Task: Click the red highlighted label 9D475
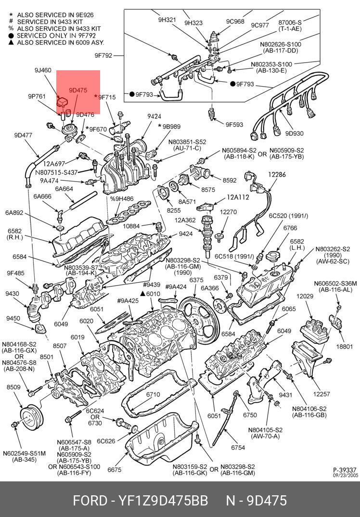tap(78, 90)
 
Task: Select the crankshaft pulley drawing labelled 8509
tap(31, 417)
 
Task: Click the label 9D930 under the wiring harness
tap(295, 133)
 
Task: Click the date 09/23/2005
tap(347, 475)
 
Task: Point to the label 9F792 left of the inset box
tap(103, 56)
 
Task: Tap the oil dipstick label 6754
tap(238, 447)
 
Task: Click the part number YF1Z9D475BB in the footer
tap(161, 501)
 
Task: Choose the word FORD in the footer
tap(90, 501)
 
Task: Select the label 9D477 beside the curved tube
tap(23, 134)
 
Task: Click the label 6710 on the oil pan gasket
tap(153, 394)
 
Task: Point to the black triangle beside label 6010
tap(142, 293)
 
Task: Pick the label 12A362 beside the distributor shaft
tap(185, 220)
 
